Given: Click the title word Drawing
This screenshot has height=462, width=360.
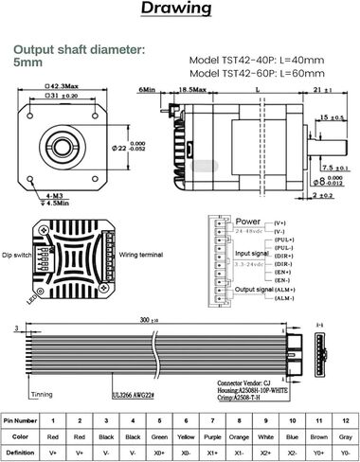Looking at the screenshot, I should tap(179, 9).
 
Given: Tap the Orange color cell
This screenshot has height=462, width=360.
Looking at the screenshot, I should tap(240, 436).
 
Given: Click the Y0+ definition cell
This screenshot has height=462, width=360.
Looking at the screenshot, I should tap(320, 454).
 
